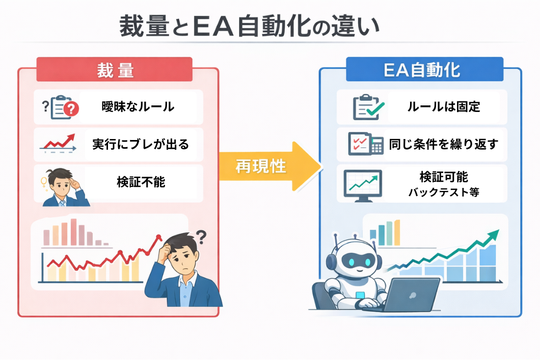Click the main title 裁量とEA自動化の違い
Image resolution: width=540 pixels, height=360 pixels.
point(250,27)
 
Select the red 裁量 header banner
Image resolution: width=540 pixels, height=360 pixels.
point(115,70)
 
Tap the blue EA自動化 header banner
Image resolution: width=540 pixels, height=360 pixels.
point(424,70)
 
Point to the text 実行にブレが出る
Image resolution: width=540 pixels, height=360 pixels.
point(141,145)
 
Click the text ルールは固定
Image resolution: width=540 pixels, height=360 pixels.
point(443,107)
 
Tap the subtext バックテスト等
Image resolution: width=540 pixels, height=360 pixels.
point(443,192)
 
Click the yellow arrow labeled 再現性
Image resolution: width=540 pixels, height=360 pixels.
point(270,166)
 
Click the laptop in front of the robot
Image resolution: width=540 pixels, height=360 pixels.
point(410,294)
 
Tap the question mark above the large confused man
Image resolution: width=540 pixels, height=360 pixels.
point(201,236)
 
